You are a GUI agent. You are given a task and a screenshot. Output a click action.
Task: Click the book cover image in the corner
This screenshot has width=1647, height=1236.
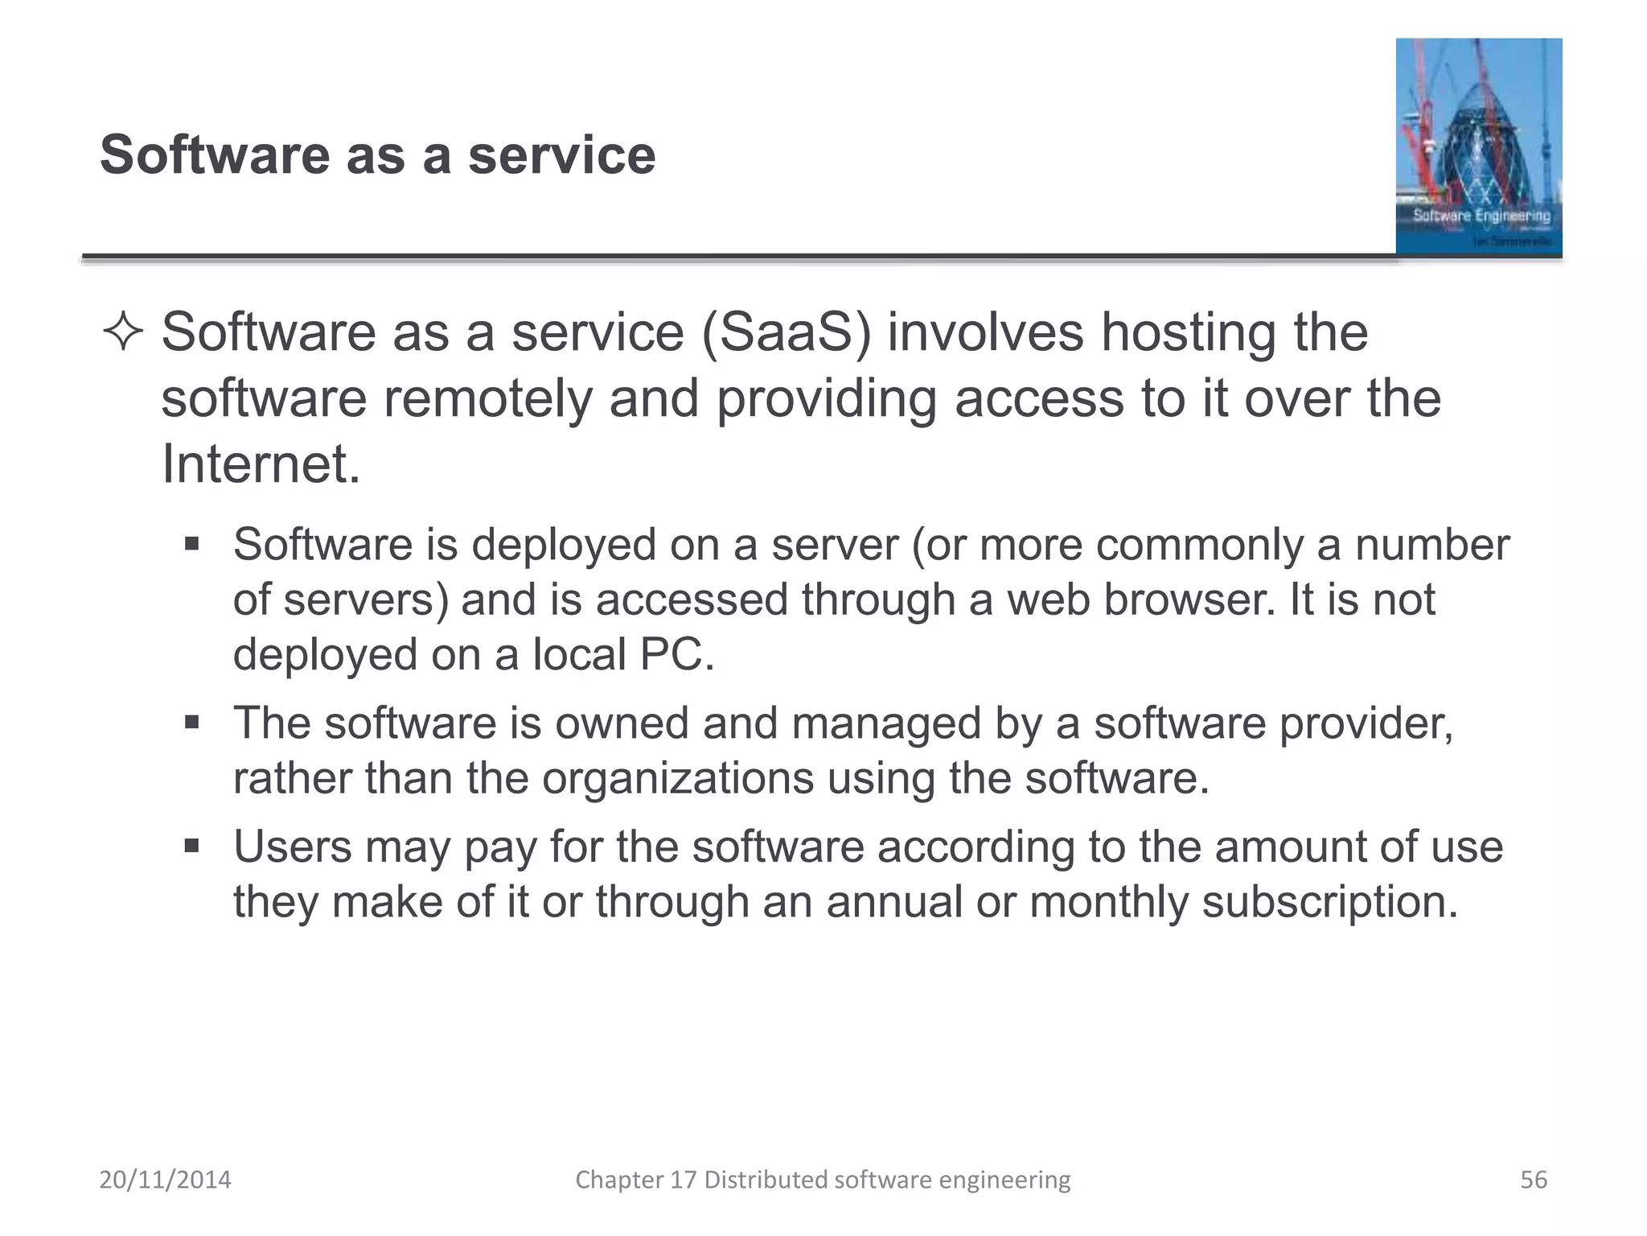(1478, 147)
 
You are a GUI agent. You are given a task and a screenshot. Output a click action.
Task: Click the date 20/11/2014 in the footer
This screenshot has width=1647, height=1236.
(165, 1180)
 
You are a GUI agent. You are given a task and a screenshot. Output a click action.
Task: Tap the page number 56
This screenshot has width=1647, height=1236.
(1533, 1180)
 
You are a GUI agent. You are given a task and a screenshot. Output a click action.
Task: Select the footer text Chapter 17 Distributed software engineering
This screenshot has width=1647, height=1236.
(823, 1180)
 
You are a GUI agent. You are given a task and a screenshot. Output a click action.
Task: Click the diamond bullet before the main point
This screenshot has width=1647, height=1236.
(123, 332)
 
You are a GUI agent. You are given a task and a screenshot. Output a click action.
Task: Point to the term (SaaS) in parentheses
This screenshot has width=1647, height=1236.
(786, 332)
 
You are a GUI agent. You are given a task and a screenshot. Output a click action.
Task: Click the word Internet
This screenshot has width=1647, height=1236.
(261, 464)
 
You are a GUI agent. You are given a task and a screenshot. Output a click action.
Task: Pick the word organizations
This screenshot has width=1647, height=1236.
(677, 778)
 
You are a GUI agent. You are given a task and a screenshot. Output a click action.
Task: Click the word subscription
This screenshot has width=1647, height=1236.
(1329, 901)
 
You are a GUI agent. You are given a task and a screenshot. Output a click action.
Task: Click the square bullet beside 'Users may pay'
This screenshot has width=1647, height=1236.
(191, 846)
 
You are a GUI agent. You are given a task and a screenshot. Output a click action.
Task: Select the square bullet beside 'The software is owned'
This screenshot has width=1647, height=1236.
(191, 722)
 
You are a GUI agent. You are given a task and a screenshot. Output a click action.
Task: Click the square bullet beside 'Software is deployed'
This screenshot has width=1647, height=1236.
(191, 544)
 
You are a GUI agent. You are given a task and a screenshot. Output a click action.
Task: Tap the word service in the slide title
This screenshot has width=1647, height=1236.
(561, 154)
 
